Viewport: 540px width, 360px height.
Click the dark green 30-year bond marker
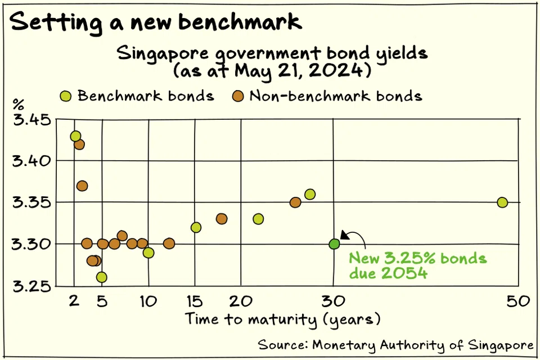click(x=334, y=244)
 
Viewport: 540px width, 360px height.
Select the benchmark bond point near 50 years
click(x=502, y=202)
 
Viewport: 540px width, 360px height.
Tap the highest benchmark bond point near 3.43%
click(x=75, y=136)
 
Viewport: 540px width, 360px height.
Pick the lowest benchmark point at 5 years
click(x=101, y=277)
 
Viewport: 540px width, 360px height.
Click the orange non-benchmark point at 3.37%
click(x=82, y=186)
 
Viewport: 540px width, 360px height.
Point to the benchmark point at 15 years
click(x=196, y=227)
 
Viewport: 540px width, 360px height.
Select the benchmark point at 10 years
click(x=148, y=253)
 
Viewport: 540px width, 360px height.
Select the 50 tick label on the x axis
click(x=517, y=301)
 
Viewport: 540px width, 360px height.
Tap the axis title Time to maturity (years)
click(x=283, y=319)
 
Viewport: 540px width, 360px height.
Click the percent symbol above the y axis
click(x=19, y=105)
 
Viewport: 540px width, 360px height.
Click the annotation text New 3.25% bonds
click(x=417, y=259)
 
